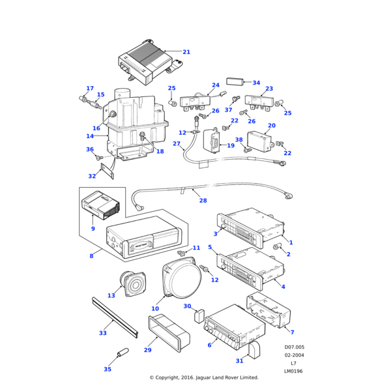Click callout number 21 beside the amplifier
click(186, 51)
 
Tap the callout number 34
click(256, 83)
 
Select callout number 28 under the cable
click(203, 201)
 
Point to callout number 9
click(93, 228)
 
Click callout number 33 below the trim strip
click(103, 333)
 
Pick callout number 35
click(108, 369)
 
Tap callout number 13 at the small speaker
click(111, 295)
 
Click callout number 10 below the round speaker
click(155, 308)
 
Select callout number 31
click(239, 360)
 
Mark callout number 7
click(292, 332)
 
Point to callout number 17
click(90, 88)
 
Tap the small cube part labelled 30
click(201, 317)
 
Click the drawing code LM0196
click(294, 371)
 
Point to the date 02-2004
click(294, 355)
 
